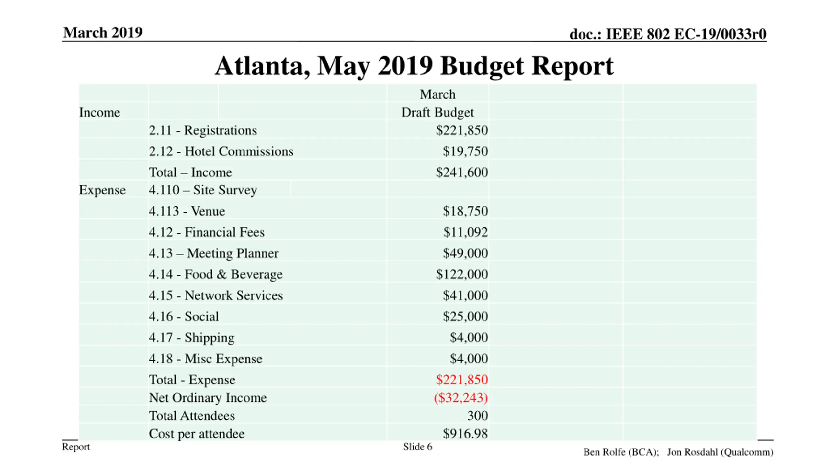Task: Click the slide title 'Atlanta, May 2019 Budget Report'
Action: pyautogui.click(x=414, y=66)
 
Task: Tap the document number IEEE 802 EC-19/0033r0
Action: pyautogui.click(x=668, y=34)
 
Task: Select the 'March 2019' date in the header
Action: pyautogui.click(x=103, y=32)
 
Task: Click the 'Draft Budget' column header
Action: pyautogui.click(x=437, y=112)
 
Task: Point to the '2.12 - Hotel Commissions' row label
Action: pyautogui.click(x=221, y=151)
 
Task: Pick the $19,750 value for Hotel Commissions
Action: pyautogui.click(x=465, y=151)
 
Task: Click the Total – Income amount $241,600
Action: pyautogui.click(x=461, y=172)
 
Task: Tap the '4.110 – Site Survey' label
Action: pyautogui.click(x=203, y=190)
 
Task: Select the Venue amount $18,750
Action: pyautogui.click(x=465, y=211)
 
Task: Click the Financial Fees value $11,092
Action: pyautogui.click(x=465, y=232)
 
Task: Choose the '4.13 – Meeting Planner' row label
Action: pyautogui.click(x=213, y=253)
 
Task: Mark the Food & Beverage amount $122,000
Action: pyautogui.click(x=461, y=274)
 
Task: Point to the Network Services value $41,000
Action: pyautogui.click(x=465, y=295)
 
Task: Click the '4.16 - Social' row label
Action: pyautogui.click(x=184, y=316)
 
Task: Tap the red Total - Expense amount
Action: pyautogui.click(x=461, y=380)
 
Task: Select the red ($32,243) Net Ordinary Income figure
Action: pyautogui.click(x=460, y=398)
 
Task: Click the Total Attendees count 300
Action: pyautogui.click(x=477, y=416)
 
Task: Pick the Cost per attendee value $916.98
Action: pyautogui.click(x=465, y=434)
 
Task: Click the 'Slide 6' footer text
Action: pyautogui.click(x=417, y=447)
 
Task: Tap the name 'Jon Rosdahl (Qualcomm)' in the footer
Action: pyautogui.click(x=720, y=452)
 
